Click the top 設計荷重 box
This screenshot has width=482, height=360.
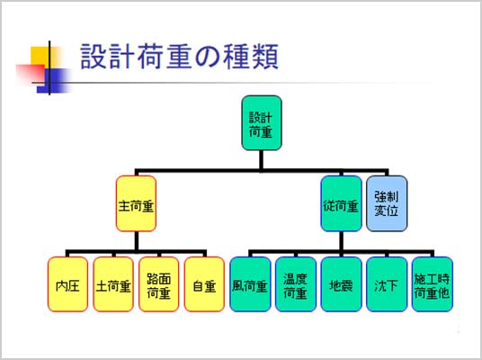coord(262,123)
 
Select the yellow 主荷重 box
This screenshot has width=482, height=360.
coord(136,203)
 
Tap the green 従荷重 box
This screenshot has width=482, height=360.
coord(341,203)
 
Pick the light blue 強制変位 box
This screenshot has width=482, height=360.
coord(387,203)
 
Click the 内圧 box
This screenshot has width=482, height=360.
coord(68,284)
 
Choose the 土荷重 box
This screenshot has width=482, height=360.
coord(113,284)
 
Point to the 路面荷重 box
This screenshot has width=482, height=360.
coord(159,284)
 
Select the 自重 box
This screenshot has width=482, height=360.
coord(204,284)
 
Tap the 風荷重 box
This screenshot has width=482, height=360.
coord(250,284)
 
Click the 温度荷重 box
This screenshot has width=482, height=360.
coord(296,284)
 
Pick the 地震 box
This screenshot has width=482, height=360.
coord(341,284)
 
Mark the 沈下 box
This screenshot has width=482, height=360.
coord(387,284)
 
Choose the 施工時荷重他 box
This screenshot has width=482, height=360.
coord(433,284)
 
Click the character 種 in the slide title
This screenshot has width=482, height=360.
coord(237,57)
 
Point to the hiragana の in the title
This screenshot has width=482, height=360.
coord(208,58)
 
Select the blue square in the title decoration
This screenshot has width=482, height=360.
coord(52,81)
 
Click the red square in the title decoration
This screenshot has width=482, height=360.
coord(31,75)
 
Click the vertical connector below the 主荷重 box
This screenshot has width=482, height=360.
coord(136,241)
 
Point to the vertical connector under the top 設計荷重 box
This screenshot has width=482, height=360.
coord(262,160)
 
